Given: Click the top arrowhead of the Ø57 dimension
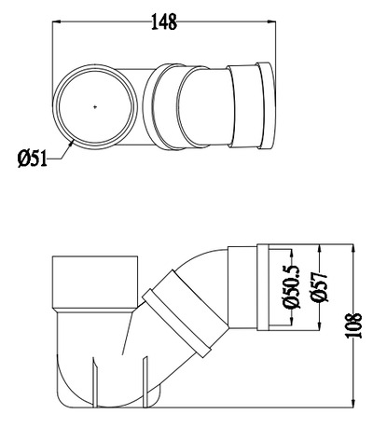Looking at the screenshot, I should click(321, 250).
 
